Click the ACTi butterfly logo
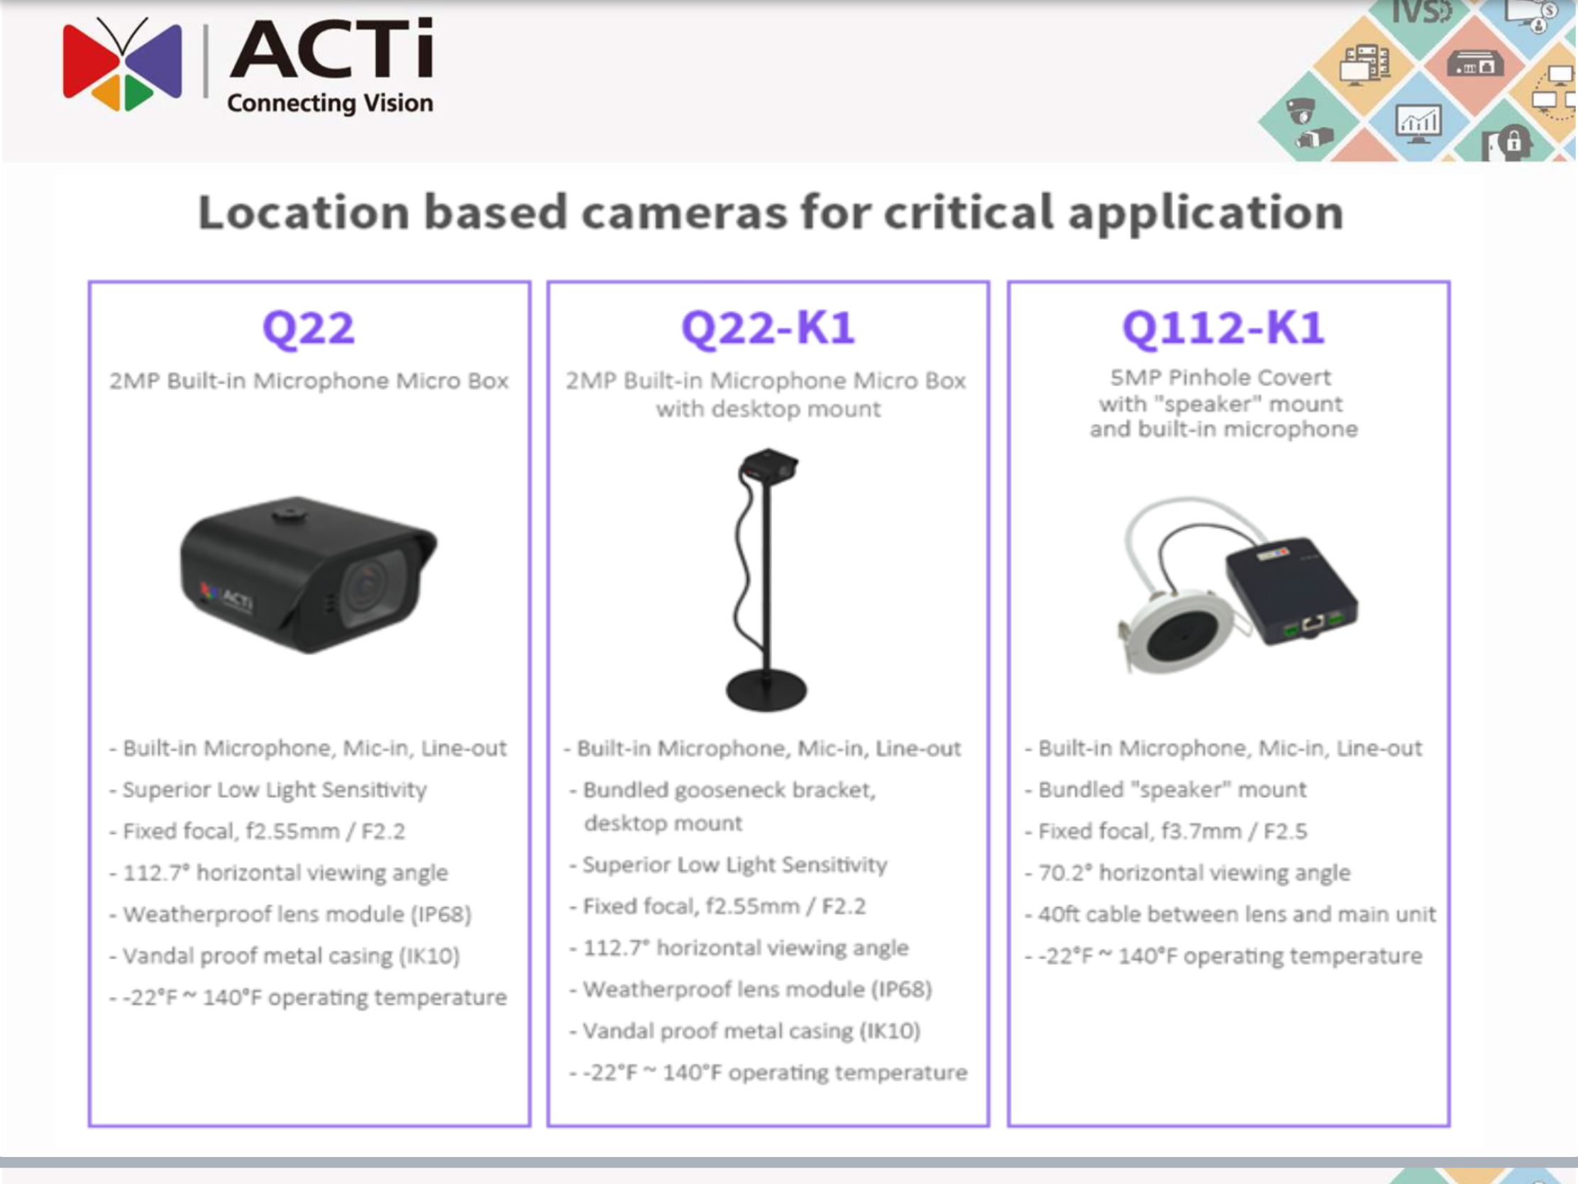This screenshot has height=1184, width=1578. tap(123, 65)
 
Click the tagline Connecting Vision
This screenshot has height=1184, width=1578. tap(330, 104)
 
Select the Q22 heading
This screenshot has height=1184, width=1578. tap(308, 328)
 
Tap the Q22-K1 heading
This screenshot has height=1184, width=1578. tap(768, 328)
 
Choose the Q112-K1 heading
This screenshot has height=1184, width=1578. tap(1223, 328)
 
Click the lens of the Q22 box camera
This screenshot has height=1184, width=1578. tap(368, 588)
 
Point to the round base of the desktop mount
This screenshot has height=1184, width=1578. tap(766, 690)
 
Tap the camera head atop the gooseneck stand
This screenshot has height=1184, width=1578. tap(768, 467)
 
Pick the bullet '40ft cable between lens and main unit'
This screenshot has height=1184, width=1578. tap(1237, 914)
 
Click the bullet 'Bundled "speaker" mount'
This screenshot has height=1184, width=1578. tap(1171, 789)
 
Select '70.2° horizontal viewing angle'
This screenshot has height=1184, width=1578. tap(1194, 873)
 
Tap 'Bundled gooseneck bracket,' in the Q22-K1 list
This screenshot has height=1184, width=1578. tap(729, 790)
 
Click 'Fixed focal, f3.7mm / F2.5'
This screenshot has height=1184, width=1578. tap(1172, 831)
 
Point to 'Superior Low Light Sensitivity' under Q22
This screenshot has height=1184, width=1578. tap(275, 789)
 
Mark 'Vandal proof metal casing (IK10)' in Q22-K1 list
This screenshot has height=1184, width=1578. tap(751, 1031)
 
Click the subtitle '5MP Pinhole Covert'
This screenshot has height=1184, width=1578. tap(1220, 377)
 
